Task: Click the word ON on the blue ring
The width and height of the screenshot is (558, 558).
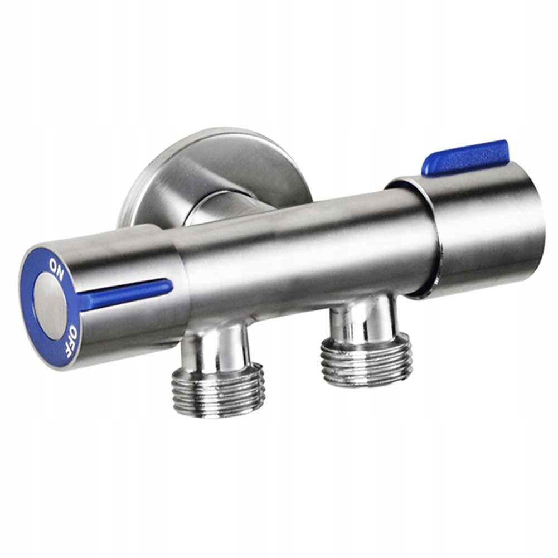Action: pyautogui.click(x=56, y=269)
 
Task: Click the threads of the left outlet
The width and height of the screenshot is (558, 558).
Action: pyautogui.click(x=217, y=390)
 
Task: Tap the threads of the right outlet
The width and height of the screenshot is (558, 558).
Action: pyautogui.click(x=367, y=360)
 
